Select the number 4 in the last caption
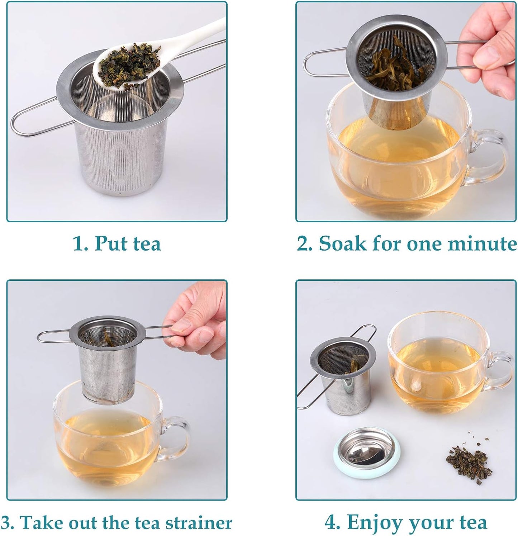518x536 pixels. pyautogui.click(x=331, y=523)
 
